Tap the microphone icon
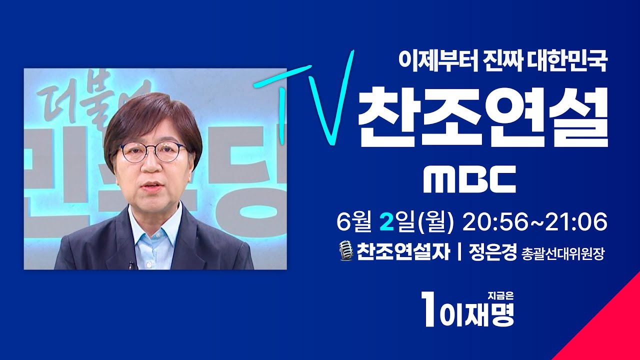[346, 251]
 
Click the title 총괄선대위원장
[563, 254]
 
